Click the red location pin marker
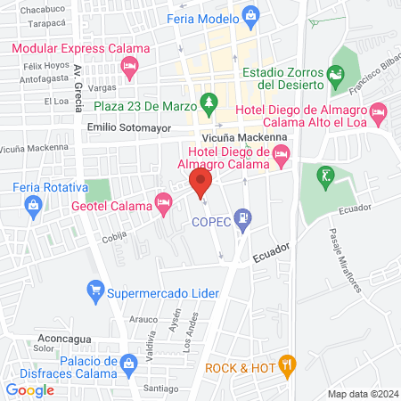tap(200, 185)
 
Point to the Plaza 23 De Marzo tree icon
tap(209, 103)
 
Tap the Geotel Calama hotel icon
tap(163, 205)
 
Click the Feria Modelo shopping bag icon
tap(251, 15)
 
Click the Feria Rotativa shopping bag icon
tap(33, 206)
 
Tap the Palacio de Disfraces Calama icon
tap(129, 364)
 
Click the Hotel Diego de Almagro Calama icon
tap(282, 158)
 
